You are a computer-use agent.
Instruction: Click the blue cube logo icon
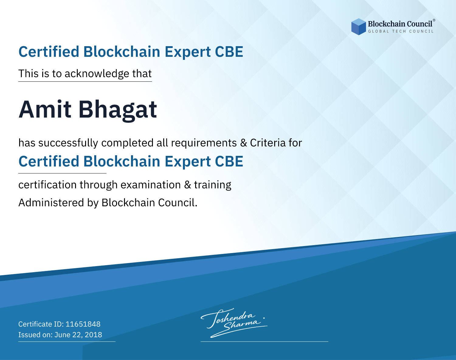[358, 27]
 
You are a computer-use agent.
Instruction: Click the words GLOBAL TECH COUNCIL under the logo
[401, 31]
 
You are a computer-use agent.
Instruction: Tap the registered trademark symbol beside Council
[434, 20]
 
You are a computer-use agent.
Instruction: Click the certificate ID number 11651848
[83, 324]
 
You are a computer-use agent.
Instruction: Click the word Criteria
[268, 143]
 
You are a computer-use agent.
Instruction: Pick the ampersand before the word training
[188, 185]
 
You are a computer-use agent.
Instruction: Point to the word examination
[151, 185]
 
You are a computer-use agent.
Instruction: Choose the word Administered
[51, 202]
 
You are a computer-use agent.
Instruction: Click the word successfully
[68, 143]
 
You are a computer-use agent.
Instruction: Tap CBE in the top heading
[229, 52]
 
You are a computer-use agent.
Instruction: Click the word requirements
[204, 143]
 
